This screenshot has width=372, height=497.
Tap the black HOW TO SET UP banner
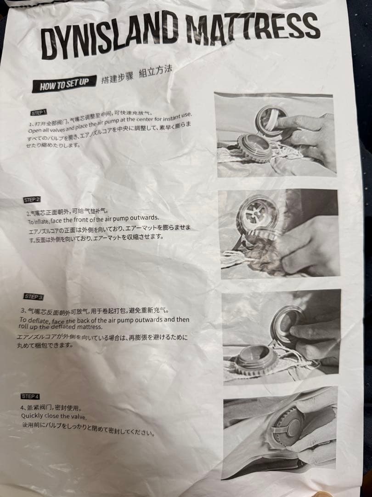pyautogui.click(x=64, y=85)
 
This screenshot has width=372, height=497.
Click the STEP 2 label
pyautogui.click(x=32, y=200)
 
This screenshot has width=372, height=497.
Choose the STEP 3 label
pyautogui.click(x=34, y=297)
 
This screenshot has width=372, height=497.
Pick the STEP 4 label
pyautogui.click(x=30, y=396)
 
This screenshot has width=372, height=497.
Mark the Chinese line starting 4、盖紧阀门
pyautogui.click(x=51, y=408)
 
